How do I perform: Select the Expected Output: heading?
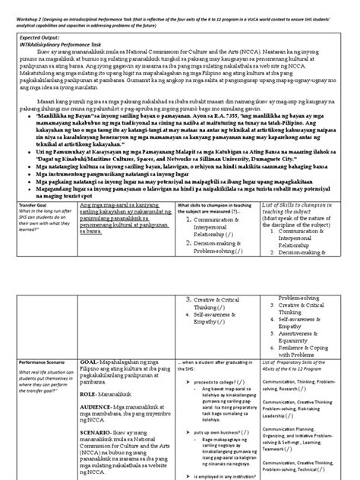click(31, 36)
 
